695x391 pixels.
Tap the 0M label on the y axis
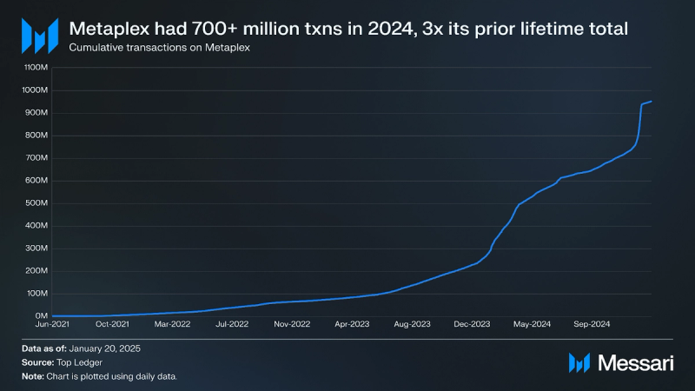41,316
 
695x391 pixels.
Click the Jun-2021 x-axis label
53,324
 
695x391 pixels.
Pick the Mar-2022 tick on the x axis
173,324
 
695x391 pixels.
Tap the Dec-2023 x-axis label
473,324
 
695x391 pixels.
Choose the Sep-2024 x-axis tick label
592,324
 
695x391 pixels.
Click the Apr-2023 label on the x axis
353,324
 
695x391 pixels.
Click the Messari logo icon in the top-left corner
40,36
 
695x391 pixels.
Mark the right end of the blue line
652,102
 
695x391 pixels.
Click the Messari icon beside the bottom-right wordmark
579,363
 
